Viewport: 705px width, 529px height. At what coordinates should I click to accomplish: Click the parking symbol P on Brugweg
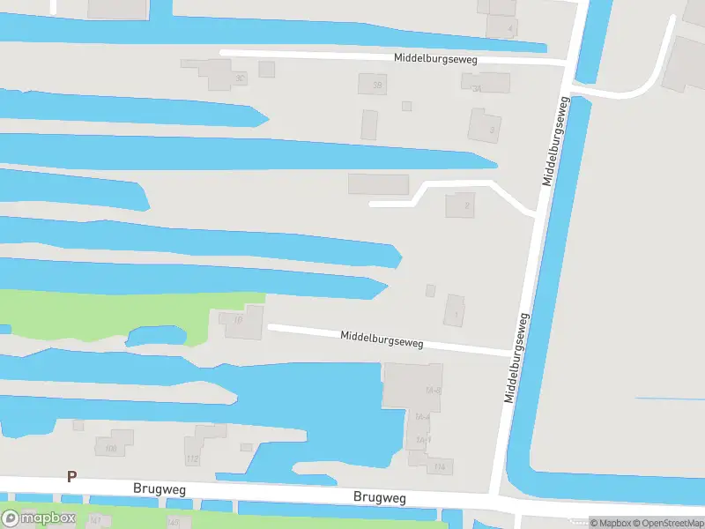[72, 476]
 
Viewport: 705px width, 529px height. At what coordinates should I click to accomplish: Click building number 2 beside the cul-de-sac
[460, 205]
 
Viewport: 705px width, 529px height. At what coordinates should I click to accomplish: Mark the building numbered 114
[439, 466]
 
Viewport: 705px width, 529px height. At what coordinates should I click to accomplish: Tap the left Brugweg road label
[160, 488]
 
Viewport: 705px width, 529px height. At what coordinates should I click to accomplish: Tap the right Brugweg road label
[379, 498]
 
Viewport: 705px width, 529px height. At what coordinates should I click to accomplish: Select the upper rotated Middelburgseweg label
[557, 141]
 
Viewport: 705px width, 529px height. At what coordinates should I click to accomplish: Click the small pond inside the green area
[156, 336]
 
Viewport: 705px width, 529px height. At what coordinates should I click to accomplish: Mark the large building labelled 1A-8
[412, 386]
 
